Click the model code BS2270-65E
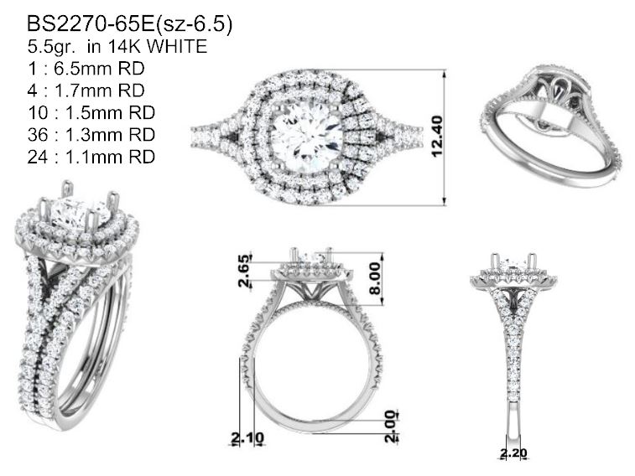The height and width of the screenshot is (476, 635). pyautogui.click(x=91, y=23)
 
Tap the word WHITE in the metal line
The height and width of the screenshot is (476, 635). pyautogui.click(x=176, y=46)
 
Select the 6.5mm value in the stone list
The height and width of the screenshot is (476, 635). pyautogui.click(x=82, y=69)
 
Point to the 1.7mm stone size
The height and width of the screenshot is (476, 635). pyautogui.click(x=82, y=91)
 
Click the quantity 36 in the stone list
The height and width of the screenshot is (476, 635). pyautogui.click(x=37, y=134)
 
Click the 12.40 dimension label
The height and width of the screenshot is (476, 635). pyautogui.click(x=438, y=137)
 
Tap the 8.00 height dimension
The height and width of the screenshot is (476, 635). pyautogui.click(x=375, y=278)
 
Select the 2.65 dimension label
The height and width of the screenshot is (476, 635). pyautogui.click(x=244, y=271)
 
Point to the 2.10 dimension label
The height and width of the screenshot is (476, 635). pyautogui.click(x=247, y=437)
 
